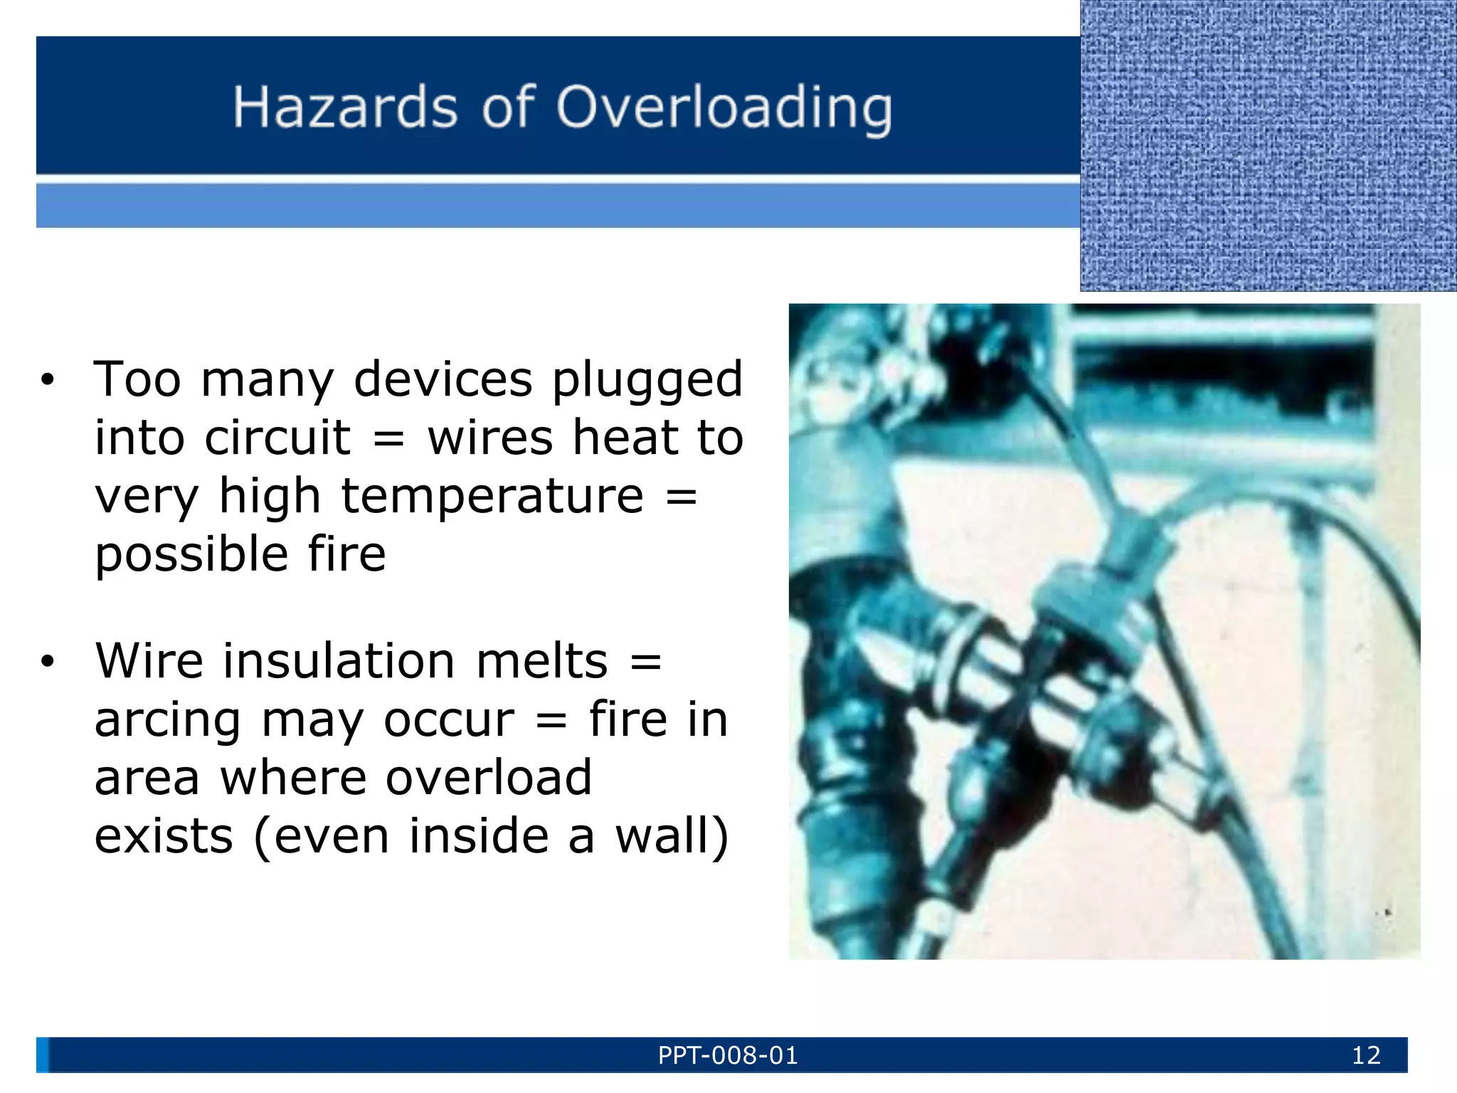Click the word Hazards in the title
pos(345,108)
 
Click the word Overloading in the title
pos(724,108)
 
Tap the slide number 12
pos(1366,1055)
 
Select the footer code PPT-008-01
pos(728,1055)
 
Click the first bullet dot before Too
pos(47,380)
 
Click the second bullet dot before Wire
pos(47,662)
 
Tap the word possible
pos(191,555)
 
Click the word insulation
pos(339,660)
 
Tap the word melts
pos(541,660)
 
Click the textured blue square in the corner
pos(1268,145)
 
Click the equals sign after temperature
pos(681,497)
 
